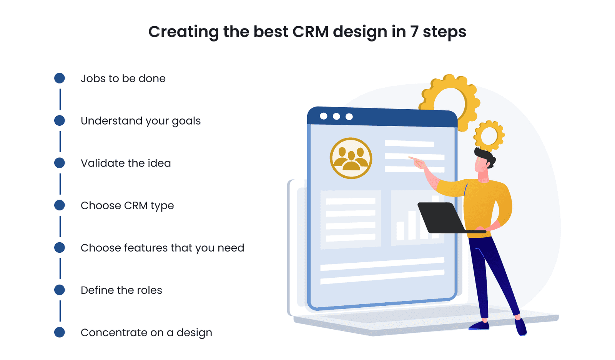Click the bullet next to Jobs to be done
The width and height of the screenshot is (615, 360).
(60, 78)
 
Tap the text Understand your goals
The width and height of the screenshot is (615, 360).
(141, 121)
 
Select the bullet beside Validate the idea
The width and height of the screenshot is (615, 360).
(60, 163)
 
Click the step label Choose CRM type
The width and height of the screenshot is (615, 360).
(127, 206)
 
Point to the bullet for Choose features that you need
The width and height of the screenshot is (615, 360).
(60, 247)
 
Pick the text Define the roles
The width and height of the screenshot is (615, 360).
(121, 290)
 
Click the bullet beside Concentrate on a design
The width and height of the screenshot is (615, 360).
(60, 332)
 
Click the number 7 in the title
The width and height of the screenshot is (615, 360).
(414, 32)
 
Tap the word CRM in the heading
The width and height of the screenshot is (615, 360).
(311, 32)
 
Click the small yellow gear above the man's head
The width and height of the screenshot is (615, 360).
(489, 135)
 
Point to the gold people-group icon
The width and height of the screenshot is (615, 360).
(351, 158)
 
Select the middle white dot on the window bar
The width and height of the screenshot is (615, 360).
(336, 116)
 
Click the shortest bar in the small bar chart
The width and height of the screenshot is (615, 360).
(400, 231)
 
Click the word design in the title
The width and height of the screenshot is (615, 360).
(360, 32)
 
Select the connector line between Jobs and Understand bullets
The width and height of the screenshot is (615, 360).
(60, 99)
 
